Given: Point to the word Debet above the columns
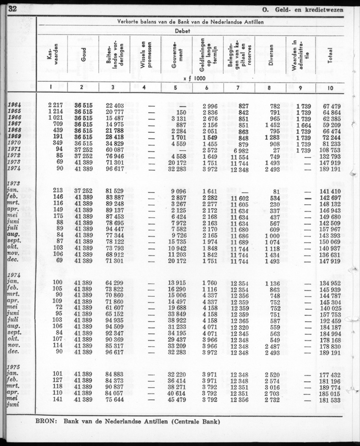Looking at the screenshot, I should click(x=183, y=31).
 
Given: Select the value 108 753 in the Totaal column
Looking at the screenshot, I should click(x=331, y=150).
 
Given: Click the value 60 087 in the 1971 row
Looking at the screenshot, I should click(x=115, y=150).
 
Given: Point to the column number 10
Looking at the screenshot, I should click(x=330, y=88).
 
